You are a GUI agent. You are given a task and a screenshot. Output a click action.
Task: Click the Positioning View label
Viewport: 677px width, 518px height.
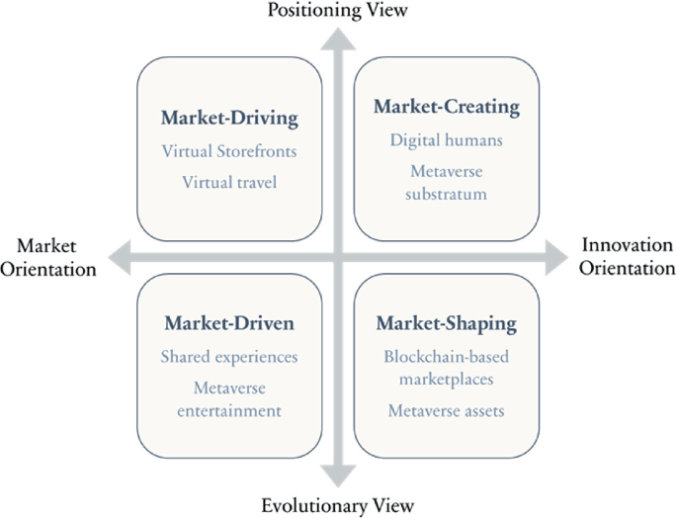click(338, 11)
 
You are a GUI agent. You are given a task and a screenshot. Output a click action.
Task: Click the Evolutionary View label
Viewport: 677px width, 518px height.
click(338, 505)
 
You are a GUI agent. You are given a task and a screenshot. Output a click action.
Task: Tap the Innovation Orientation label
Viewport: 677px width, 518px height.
click(627, 257)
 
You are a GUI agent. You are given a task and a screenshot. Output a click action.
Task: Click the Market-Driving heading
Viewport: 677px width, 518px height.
click(229, 119)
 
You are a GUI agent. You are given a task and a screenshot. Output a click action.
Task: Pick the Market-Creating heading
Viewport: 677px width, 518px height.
click(447, 106)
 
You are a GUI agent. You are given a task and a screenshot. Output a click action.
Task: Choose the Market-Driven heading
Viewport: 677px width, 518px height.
click(229, 323)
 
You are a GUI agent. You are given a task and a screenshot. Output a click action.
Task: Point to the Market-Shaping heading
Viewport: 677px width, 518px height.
click(447, 323)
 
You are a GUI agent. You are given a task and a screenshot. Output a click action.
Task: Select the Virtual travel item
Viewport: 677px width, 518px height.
click(229, 182)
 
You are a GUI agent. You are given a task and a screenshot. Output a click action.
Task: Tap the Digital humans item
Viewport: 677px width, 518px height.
click(447, 139)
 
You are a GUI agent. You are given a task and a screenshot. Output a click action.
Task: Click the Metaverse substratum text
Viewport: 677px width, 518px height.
click(447, 182)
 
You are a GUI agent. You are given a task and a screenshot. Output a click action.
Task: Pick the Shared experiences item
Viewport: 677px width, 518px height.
click(229, 356)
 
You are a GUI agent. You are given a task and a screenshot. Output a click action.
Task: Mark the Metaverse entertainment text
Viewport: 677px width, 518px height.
click(229, 398)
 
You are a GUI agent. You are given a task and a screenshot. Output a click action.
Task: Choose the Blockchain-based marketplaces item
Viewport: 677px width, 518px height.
click(447, 368)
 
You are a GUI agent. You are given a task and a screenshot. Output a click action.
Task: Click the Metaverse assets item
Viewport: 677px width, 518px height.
click(447, 410)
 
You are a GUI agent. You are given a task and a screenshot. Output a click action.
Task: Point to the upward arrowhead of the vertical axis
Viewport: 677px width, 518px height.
click(339, 40)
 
